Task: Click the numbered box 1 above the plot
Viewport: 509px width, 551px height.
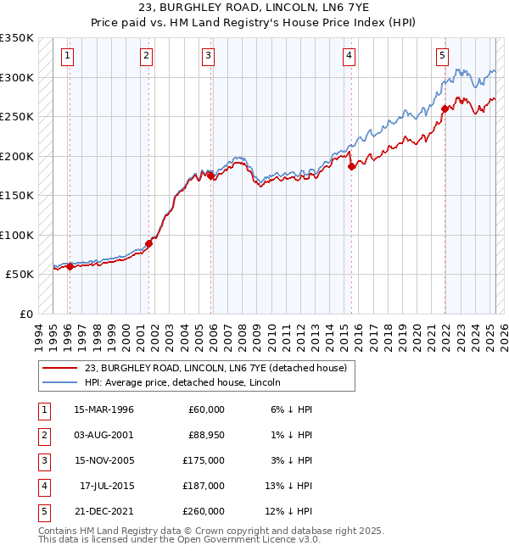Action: pos(67,57)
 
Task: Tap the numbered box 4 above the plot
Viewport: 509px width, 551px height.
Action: pos(349,57)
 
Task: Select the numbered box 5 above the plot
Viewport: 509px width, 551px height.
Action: pos(442,57)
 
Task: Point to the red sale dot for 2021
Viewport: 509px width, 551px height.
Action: pos(445,109)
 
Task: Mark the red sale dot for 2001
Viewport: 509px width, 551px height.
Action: pos(148,243)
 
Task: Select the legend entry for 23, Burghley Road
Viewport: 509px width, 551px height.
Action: pos(215,369)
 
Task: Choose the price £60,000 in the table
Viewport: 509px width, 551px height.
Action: pos(206,409)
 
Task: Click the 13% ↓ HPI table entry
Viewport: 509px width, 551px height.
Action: pos(289,486)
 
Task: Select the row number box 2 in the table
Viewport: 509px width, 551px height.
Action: pos(43,435)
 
